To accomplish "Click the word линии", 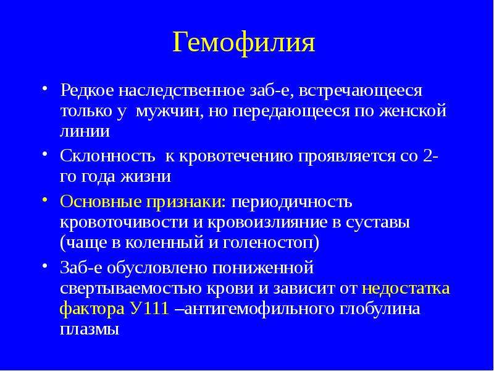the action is click(85, 131).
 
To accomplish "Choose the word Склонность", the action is click(107, 156).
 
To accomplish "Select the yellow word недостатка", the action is click(406, 289).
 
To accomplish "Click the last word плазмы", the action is click(90, 330).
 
